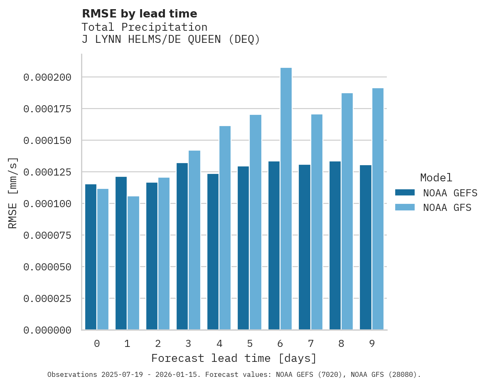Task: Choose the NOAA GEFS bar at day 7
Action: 305,247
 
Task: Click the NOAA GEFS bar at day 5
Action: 243,248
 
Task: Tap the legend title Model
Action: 436,178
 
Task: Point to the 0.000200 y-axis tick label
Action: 47,77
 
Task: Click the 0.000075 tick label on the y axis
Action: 47,235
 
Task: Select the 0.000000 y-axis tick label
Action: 47,330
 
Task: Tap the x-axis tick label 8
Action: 341,344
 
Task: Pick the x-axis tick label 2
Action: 158,344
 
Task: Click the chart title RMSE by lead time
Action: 139,14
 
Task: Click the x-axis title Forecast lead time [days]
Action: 234,358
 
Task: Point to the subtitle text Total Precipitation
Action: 144,27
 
